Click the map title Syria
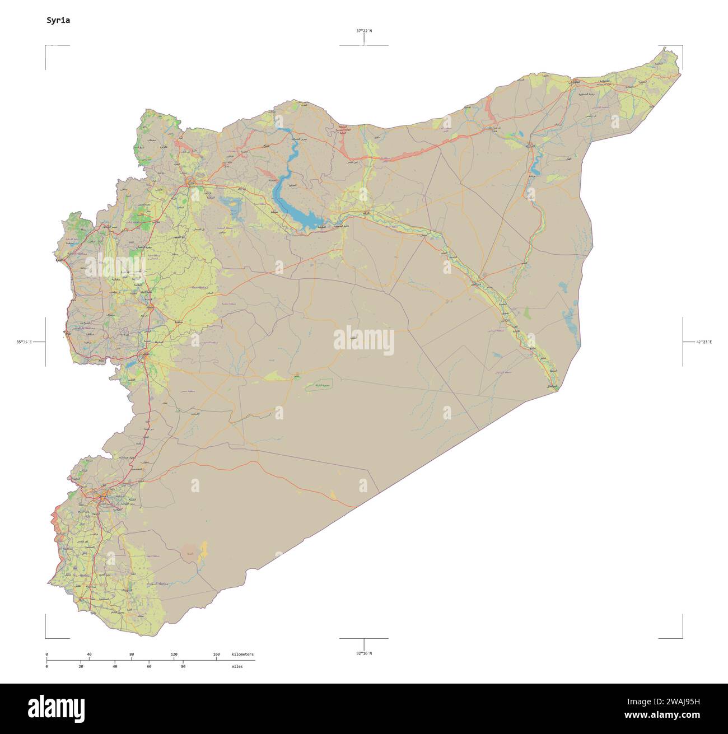(58, 20)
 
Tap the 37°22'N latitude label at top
(363, 31)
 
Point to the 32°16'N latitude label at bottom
(363, 653)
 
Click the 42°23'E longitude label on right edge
(703, 342)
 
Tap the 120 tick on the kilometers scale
(174, 654)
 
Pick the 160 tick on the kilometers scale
(216, 654)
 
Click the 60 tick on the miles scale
(149, 666)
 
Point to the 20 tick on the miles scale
(81, 666)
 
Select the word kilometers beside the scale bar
(242, 654)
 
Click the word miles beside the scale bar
(237, 666)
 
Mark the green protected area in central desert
(319, 385)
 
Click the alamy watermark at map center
(363, 342)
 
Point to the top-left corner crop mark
(46, 46)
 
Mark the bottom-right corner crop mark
(682, 637)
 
